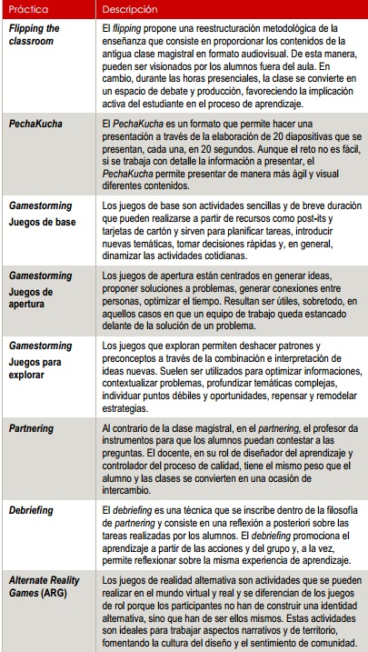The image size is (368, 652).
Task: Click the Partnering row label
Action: point(32,427)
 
